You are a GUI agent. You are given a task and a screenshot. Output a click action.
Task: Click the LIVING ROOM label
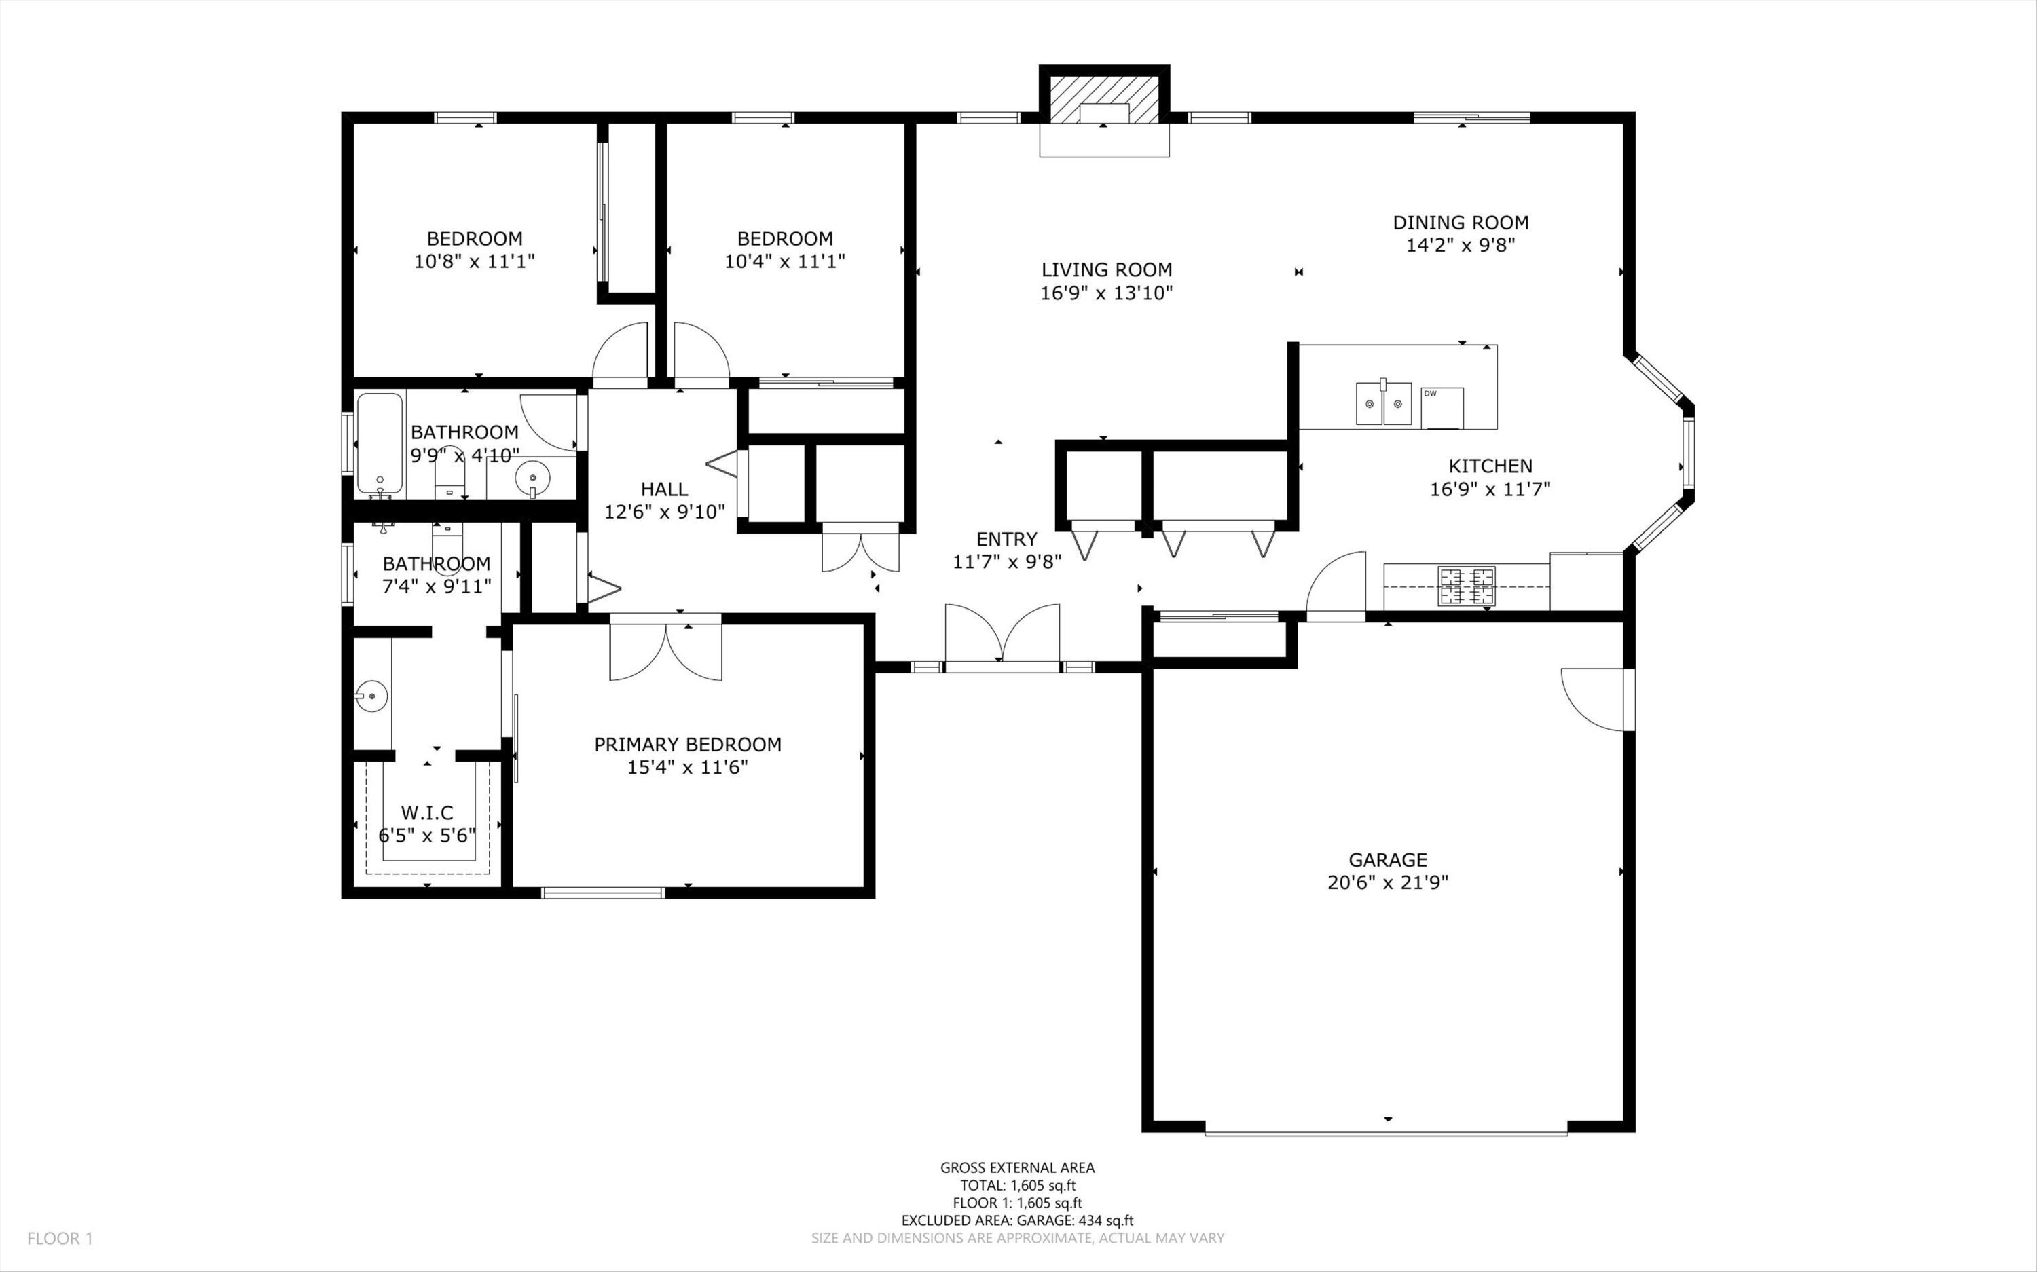click(x=1106, y=270)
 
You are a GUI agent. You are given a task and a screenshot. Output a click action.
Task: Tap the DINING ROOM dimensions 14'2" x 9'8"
click(x=1460, y=246)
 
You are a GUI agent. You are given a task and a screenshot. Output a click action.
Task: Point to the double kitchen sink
click(x=1382, y=404)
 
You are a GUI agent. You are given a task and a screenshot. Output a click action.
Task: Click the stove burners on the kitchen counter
click(x=1467, y=586)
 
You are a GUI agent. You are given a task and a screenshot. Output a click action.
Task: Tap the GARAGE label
click(x=1387, y=860)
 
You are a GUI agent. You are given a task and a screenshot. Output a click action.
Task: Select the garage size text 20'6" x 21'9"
click(x=1387, y=882)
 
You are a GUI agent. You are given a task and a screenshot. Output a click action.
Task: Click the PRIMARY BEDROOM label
click(x=687, y=745)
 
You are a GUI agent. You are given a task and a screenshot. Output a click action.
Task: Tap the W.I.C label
click(x=426, y=812)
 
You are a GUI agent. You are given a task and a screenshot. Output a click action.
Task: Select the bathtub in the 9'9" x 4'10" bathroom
click(x=380, y=443)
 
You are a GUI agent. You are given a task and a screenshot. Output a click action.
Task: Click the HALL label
click(x=664, y=489)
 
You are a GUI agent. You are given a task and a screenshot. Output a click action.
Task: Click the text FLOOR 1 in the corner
click(x=60, y=1238)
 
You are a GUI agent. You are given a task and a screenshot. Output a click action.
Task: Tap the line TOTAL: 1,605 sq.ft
click(x=1017, y=1185)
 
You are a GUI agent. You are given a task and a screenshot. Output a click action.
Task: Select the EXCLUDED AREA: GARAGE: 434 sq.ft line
click(x=1017, y=1220)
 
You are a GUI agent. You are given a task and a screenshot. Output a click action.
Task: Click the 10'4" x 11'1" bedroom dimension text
click(x=784, y=261)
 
